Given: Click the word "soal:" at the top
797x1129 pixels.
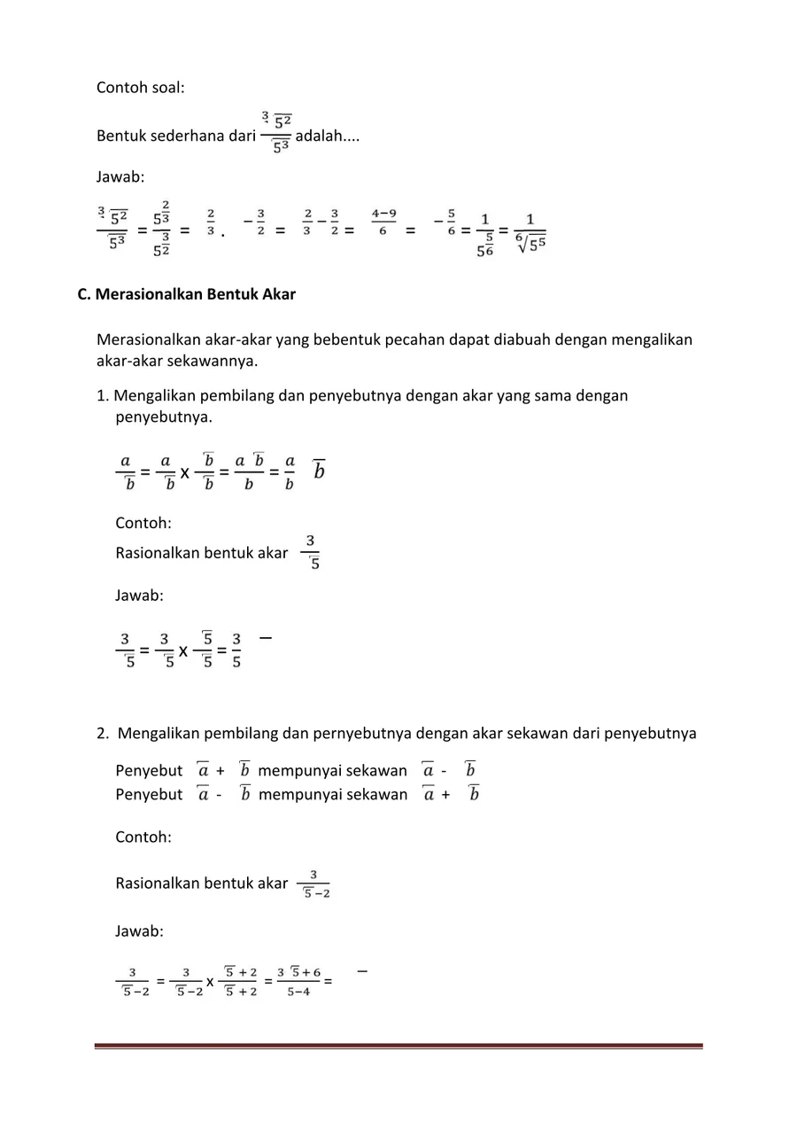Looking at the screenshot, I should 166,88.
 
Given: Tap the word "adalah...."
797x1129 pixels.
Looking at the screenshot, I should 327,136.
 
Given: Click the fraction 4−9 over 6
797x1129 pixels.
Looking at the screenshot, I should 383,222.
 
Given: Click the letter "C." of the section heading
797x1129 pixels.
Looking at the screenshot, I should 84,294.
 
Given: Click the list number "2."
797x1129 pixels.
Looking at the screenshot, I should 104,733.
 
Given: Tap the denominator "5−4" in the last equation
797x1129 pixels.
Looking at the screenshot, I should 298,992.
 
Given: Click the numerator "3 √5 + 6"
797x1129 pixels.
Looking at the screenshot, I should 298,972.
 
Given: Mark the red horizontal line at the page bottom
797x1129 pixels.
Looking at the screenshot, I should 398,1047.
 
